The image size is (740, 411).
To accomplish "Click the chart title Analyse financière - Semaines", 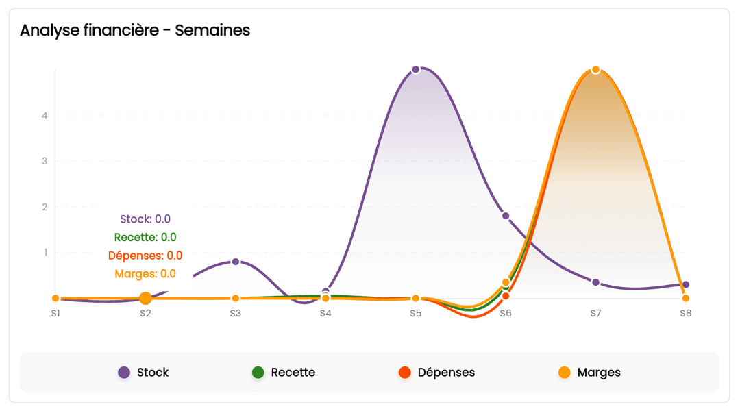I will coord(135,31).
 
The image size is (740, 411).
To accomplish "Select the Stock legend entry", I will coord(143,373).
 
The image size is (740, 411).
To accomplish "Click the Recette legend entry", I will coord(284,373).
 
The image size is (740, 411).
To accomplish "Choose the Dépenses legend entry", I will coord(436,373).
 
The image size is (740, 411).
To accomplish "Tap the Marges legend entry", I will coord(589,373).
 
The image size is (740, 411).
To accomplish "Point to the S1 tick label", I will coord(56,313).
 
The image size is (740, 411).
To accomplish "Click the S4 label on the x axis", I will coord(325,313).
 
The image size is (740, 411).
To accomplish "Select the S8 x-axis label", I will coord(685,313).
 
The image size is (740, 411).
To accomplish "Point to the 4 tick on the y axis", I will coord(45,115).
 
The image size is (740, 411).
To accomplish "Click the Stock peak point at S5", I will coord(416,70).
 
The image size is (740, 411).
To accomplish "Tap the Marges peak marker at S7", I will coord(595,70).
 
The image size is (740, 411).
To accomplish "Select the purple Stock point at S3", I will coord(236,262).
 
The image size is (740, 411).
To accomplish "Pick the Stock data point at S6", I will coord(506,216).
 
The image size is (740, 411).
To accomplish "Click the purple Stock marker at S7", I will coord(595,282).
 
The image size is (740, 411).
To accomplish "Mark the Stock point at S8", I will coord(685,284).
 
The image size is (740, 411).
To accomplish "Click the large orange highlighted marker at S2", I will coord(145,298).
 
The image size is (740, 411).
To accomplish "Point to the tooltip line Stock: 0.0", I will coord(145,219).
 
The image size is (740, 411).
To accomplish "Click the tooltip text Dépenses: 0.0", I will coord(145,256).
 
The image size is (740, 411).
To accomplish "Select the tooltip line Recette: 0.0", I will coord(145,238).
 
